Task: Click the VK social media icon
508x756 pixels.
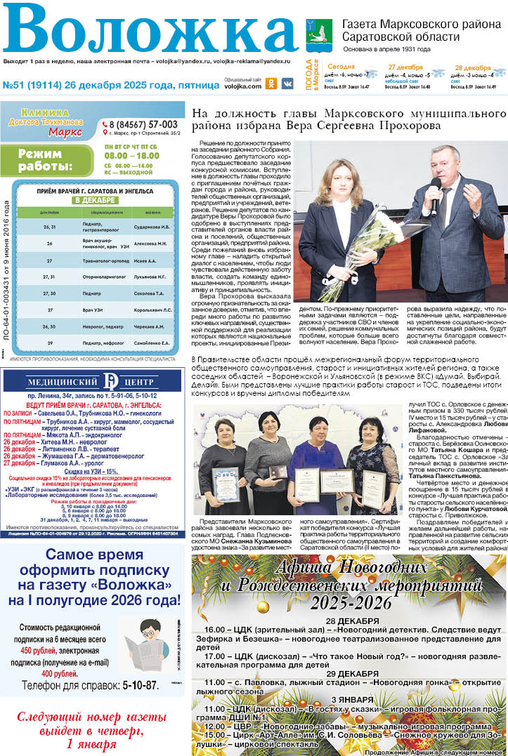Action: pyautogui.click(x=287, y=83)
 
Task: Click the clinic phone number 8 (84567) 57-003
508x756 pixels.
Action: pyautogui.click(x=143, y=124)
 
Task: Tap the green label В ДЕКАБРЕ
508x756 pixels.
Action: pyautogui.click(x=95, y=200)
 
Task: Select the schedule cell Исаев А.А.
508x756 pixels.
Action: pyautogui.click(x=144, y=260)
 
